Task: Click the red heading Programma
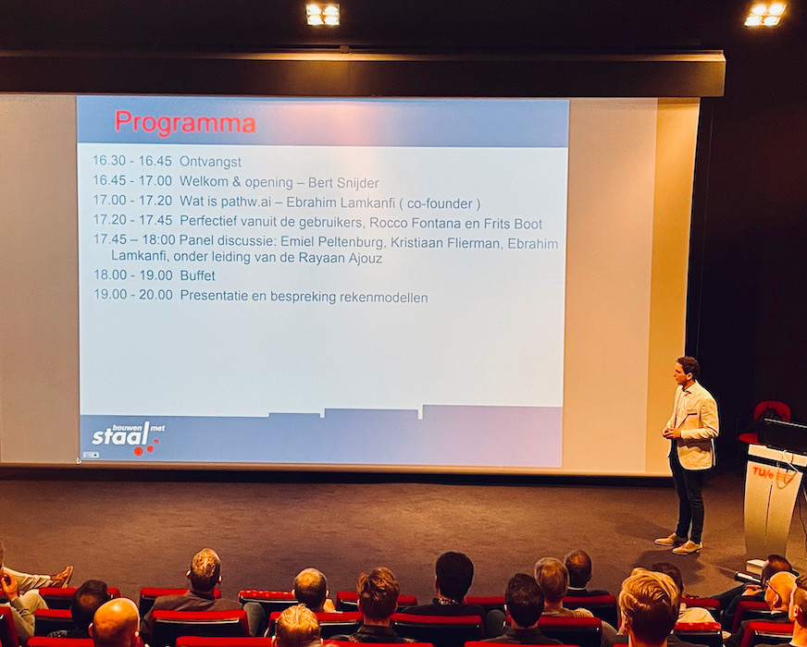point(185,123)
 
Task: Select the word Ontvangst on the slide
point(210,162)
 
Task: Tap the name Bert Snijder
point(343,182)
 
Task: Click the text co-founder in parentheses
point(439,203)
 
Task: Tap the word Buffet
point(198,275)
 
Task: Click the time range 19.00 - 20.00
point(133,295)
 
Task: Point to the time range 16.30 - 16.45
point(131,160)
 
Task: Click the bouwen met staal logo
point(128,438)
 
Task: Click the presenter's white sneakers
point(678,543)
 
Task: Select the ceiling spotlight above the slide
point(323,14)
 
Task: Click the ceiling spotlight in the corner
point(765,13)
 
